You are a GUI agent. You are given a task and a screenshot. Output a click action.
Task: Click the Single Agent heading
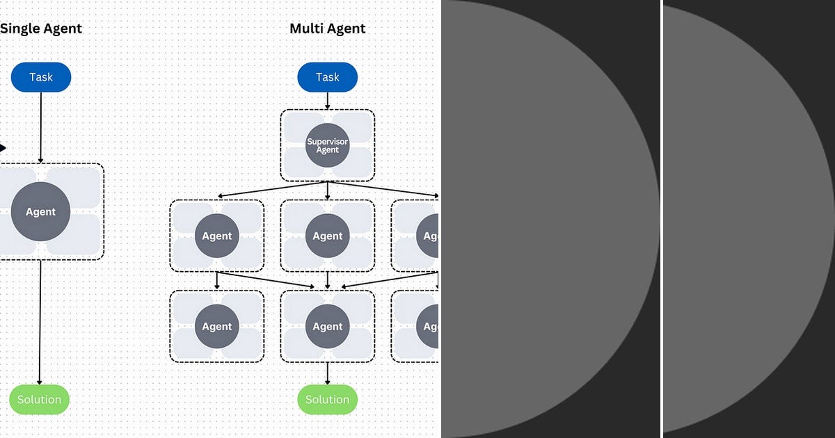tap(40, 29)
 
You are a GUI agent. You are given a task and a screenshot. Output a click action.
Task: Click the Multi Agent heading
tap(327, 29)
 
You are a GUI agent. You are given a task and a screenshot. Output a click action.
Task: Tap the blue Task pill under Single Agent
tap(41, 77)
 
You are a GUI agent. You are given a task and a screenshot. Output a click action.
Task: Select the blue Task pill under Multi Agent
tap(327, 77)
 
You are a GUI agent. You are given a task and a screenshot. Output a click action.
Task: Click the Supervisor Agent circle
tap(327, 145)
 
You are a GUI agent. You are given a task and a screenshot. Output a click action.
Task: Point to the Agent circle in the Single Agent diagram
tap(41, 212)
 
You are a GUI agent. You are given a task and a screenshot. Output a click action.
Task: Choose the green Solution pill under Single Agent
tap(40, 400)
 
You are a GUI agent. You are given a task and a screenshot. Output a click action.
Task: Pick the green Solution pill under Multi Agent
tap(327, 400)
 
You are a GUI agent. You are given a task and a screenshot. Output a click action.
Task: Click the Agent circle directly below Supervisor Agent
tap(327, 236)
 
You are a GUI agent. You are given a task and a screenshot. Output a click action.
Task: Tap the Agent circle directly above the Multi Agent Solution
tap(327, 327)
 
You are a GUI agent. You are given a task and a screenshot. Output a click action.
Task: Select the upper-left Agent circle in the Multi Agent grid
tap(217, 236)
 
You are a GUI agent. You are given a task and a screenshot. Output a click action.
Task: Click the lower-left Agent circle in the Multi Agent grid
tap(217, 327)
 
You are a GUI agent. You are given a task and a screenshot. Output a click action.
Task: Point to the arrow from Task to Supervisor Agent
tap(327, 101)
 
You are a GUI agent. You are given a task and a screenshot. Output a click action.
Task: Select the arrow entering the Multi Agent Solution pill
tap(327, 374)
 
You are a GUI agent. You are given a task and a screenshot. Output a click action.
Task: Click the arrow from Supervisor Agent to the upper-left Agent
tap(271, 190)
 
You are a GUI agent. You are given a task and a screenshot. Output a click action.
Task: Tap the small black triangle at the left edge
tap(3, 148)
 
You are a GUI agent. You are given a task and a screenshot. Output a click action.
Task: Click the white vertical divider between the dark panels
tap(661, 219)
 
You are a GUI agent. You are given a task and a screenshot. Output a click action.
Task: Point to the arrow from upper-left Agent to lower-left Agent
tap(217, 281)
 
